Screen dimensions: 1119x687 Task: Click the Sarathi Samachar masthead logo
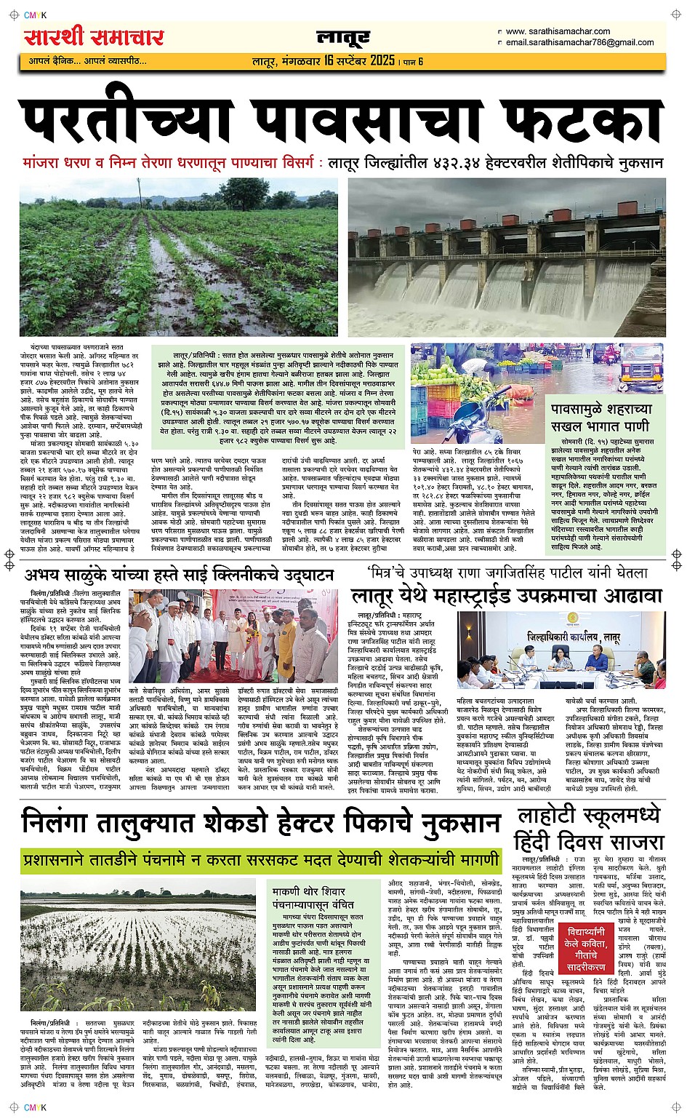click(x=94, y=37)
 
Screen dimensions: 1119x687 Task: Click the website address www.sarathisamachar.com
click(x=558, y=31)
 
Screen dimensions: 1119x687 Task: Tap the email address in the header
click(x=579, y=42)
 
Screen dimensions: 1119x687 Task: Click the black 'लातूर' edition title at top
click(x=343, y=38)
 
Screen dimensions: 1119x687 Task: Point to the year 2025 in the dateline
click(x=382, y=60)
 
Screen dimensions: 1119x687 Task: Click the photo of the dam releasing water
click(x=506, y=257)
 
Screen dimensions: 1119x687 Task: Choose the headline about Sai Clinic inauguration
click(x=179, y=575)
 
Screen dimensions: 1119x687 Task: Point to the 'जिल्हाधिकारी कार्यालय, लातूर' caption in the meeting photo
click(x=574, y=637)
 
